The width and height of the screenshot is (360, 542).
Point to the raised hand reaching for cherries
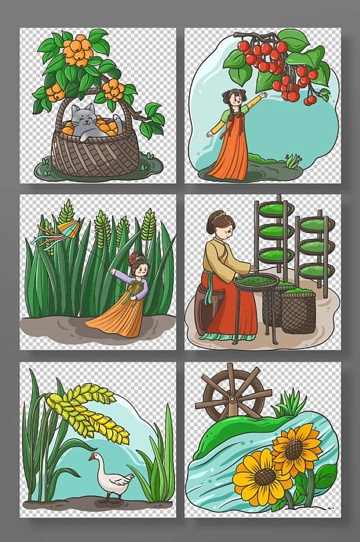tap(263, 95)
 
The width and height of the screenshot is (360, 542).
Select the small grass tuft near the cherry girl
tap(293, 161)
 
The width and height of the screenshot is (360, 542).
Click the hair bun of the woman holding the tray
tap(216, 218)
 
